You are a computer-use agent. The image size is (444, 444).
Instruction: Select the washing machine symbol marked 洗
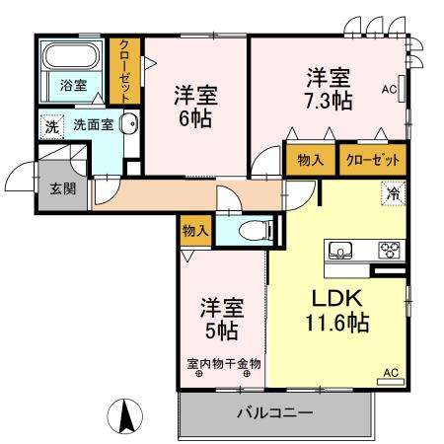click(x=50, y=125)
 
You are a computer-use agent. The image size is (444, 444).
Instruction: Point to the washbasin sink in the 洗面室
click(x=129, y=124)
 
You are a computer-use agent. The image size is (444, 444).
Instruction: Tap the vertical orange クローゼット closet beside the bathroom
click(x=125, y=68)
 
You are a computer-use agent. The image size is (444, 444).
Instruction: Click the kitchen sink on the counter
click(x=341, y=250)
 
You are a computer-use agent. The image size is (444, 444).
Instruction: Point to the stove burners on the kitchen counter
click(x=389, y=250)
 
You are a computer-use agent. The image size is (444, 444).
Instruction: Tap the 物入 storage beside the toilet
click(x=195, y=231)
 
